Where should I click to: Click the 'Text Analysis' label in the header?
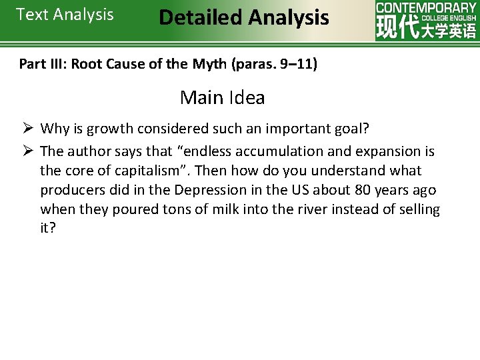pos(65,15)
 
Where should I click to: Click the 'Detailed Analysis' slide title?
pos(243,17)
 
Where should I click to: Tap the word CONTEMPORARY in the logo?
pos(426,8)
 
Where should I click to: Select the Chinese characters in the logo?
pos(426,30)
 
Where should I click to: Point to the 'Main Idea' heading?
pos(222,98)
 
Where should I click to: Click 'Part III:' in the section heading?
pos(43,65)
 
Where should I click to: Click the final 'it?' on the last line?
pos(48,229)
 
